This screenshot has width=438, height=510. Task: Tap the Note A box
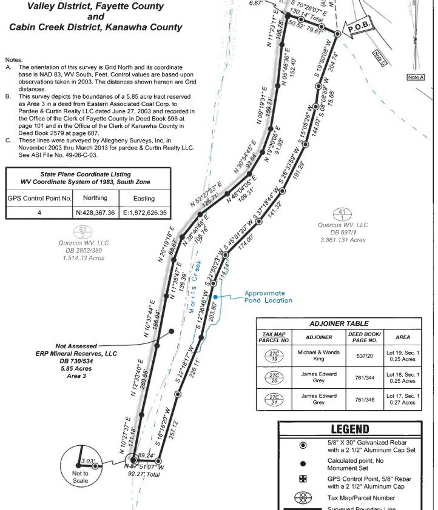(x=416, y=77)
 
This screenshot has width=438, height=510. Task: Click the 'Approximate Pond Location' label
(x=268, y=297)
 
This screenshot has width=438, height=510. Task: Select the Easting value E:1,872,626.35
(x=144, y=213)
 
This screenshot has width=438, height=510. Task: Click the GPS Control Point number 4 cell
(x=39, y=213)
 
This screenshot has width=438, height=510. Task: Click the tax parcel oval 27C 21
(x=274, y=399)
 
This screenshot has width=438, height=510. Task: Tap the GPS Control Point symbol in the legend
(x=303, y=479)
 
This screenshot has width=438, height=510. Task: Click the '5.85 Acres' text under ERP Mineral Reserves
(x=76, y=368)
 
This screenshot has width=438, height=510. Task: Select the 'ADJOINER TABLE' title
(x=339, y=323)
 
